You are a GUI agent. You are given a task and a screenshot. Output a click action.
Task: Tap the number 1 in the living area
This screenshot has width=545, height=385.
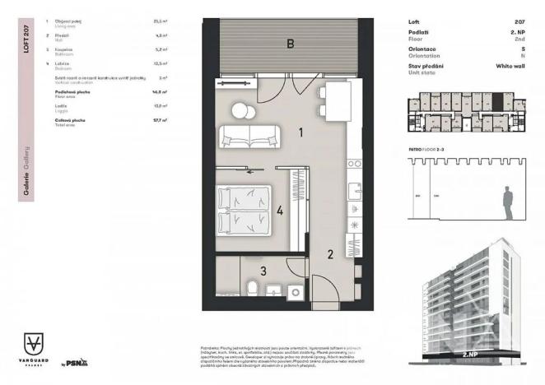(x=302, y=131)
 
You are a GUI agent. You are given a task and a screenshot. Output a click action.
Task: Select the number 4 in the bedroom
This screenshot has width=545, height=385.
(x=280, y=211)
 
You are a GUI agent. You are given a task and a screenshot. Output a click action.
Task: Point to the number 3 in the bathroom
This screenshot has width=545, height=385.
(x=263, y=269)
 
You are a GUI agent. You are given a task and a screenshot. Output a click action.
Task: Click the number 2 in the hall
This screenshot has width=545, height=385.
(x=328, y=254)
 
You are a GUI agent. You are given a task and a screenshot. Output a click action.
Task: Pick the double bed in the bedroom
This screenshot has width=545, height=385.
(x=242, y=210)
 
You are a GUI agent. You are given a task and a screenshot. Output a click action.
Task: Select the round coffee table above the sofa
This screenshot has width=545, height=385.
(x=239, y=109)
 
